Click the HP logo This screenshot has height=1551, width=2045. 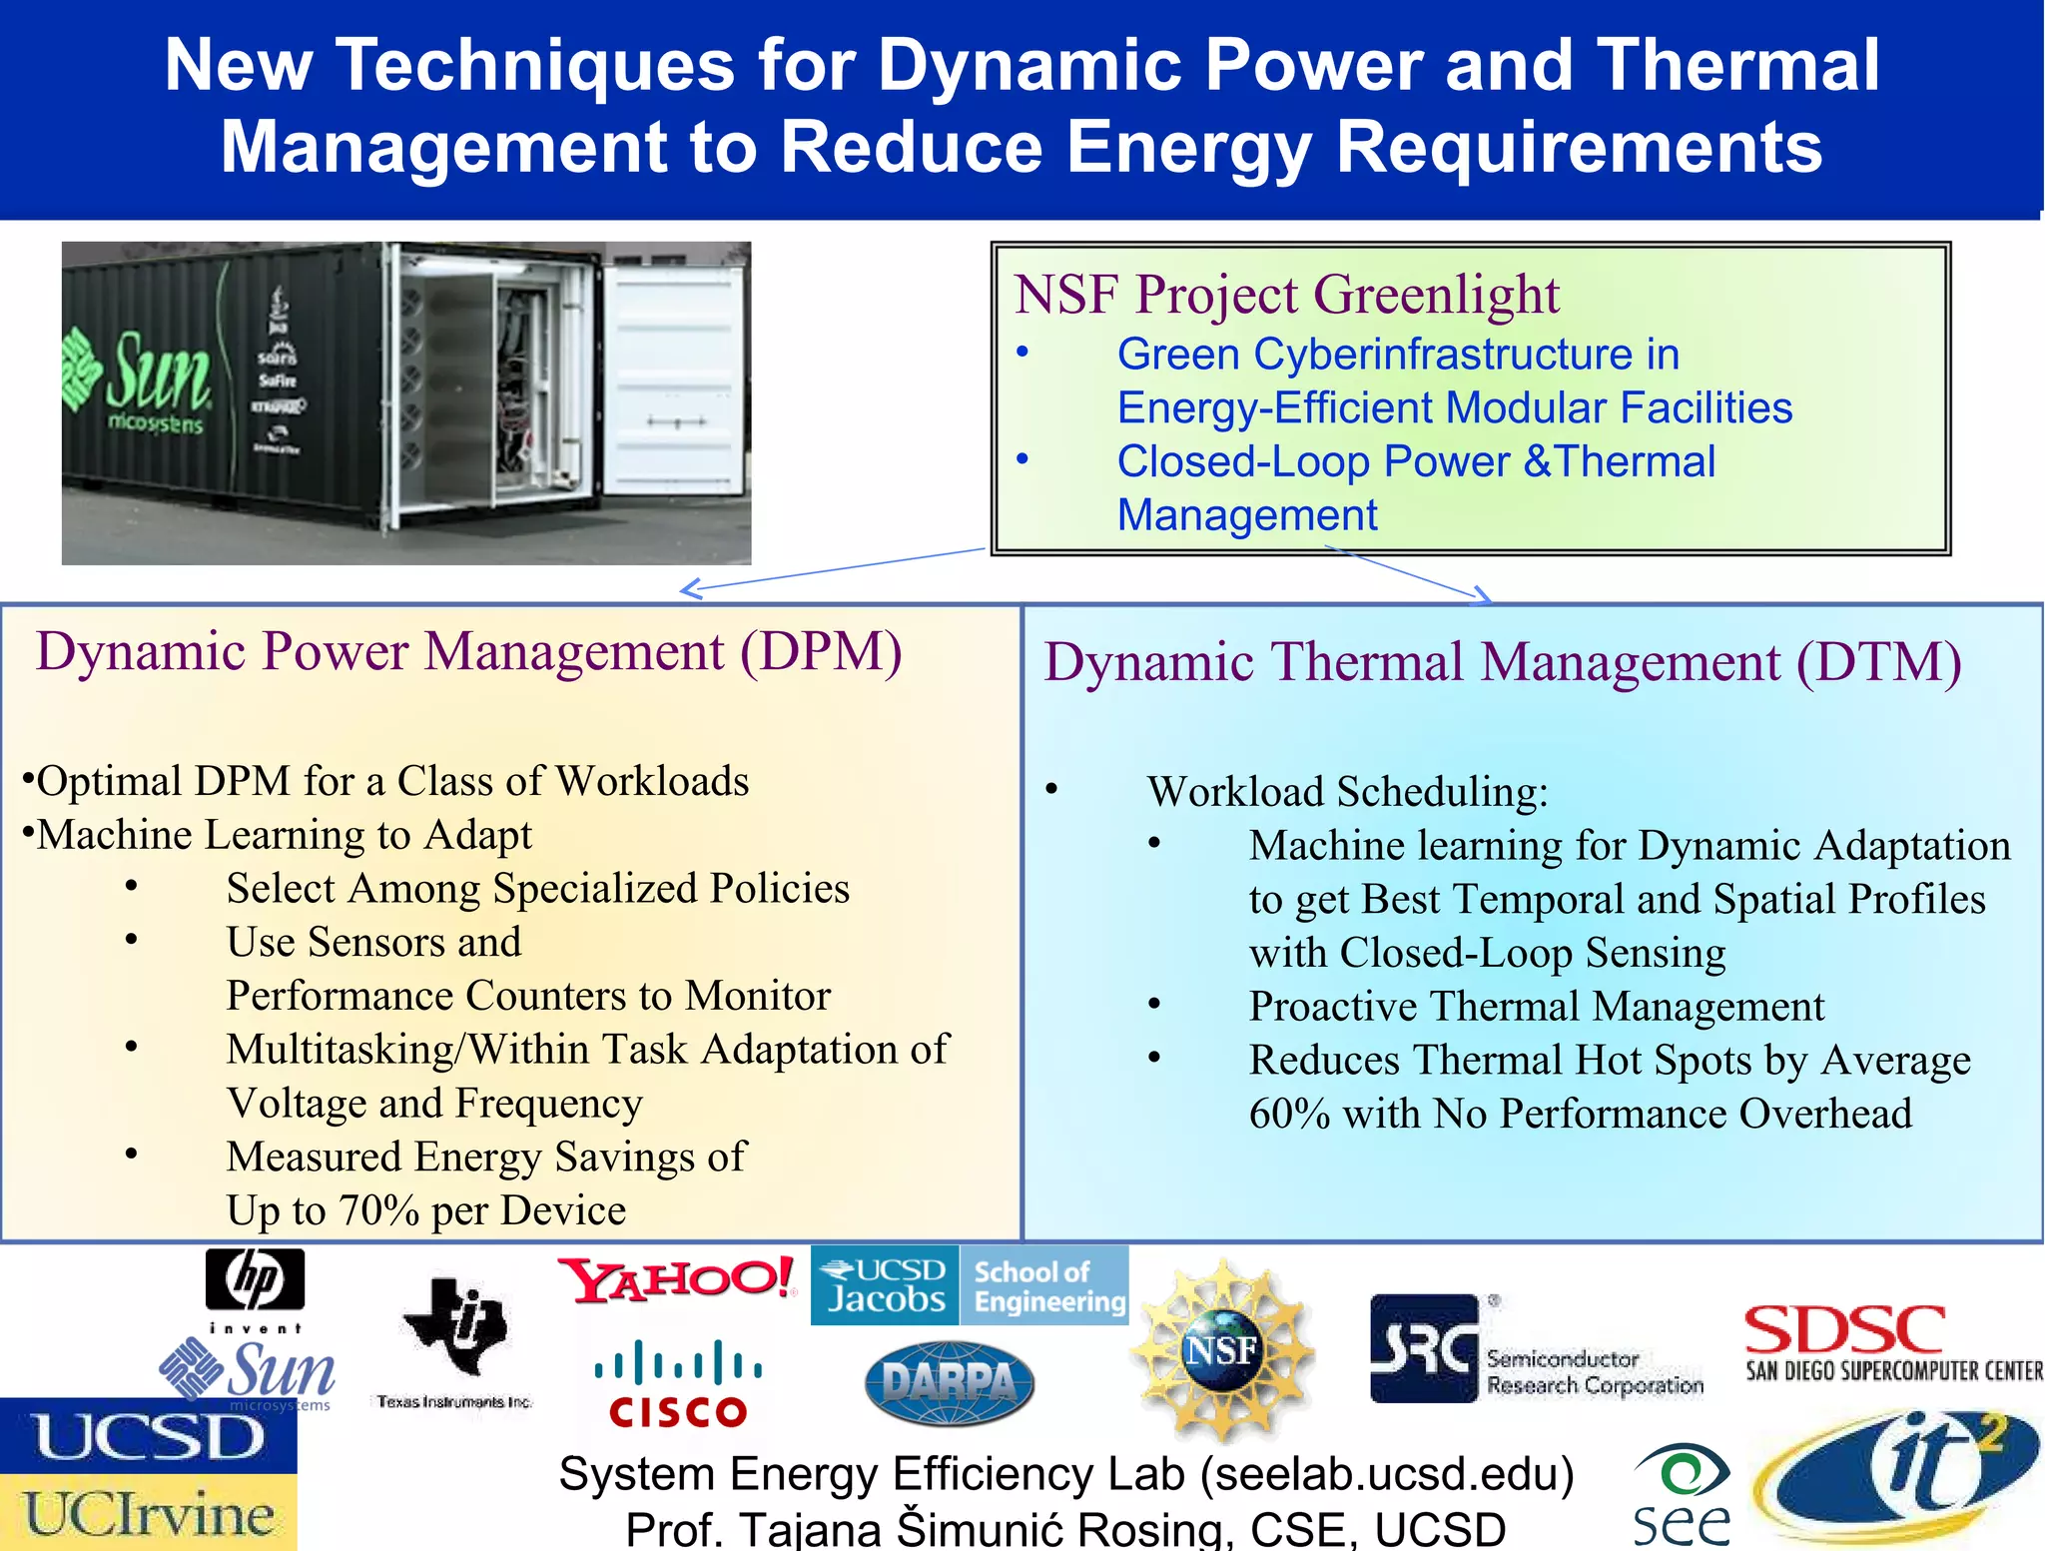point(255,1280)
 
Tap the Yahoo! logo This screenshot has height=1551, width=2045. point(676,1280)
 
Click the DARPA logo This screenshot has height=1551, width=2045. point(949,1383)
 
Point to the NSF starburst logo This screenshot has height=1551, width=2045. point(1220,1350)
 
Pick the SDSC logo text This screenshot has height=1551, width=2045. point(1844,1332)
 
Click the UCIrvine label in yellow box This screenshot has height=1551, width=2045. point(149,1514)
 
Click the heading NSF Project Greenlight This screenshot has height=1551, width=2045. point(1286,295)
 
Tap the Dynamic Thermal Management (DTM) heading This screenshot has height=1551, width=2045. point(1503,662)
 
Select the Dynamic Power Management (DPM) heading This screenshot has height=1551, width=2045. point(468,651)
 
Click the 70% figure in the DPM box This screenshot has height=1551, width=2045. point(378,1210)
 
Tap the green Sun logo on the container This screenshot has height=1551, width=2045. point(140,376)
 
